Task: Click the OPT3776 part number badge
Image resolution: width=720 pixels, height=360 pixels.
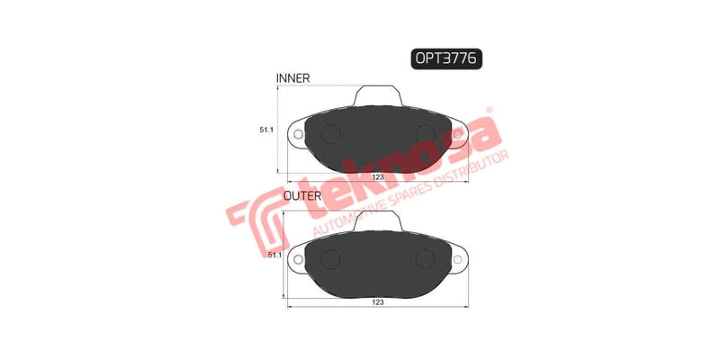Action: [447, 58]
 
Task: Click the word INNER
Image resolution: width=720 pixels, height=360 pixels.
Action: [293, 79]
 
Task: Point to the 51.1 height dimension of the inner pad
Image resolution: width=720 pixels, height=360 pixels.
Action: [267, 130]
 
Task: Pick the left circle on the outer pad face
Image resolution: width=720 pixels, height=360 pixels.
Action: [328, 259]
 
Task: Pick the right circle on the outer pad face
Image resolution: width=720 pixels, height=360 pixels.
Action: [427, 259]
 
